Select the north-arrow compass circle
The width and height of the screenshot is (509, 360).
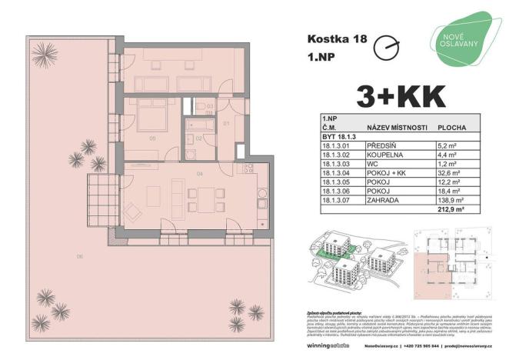[x=385, y=48]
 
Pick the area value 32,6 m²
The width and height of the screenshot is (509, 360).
[x=448, y=174]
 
